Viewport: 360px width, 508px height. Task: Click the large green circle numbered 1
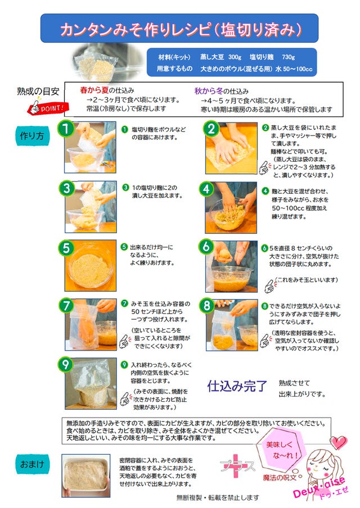66,129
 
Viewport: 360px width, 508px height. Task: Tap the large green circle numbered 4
207,189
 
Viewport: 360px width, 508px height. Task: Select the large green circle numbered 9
66,365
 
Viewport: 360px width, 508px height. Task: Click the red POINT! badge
48,108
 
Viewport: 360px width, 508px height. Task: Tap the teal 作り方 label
33,136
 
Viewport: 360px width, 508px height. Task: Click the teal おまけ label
33,464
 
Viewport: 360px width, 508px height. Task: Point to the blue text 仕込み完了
237,386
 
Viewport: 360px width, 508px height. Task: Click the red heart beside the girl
339,442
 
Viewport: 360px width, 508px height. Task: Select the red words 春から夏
94,90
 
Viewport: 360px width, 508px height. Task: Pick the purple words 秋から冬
209,91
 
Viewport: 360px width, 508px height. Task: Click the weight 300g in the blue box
235,57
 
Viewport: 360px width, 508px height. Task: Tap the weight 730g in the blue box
289,57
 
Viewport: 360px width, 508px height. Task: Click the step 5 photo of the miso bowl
91,266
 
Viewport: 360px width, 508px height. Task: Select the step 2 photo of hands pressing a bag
231,148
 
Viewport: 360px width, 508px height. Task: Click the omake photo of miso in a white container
86,476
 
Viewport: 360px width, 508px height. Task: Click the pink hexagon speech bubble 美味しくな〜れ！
280,449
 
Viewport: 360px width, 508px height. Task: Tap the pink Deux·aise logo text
319,488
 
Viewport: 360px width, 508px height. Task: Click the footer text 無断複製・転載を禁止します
218,497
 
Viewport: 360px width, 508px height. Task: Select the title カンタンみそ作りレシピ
136,29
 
